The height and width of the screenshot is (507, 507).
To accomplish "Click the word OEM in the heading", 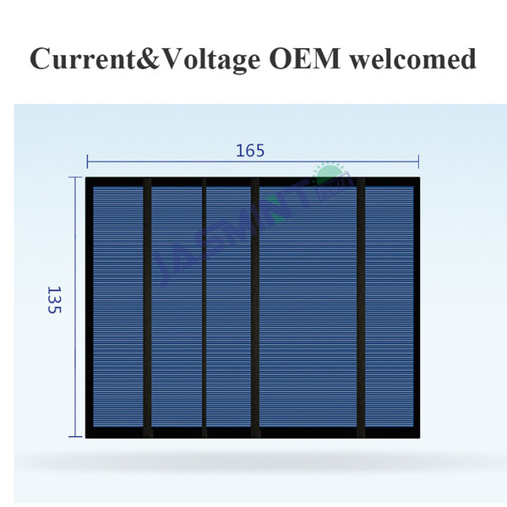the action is [304, 58].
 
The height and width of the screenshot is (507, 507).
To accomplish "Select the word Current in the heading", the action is [83, 58].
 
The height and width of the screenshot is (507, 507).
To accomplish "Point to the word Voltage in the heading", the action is [210, 61].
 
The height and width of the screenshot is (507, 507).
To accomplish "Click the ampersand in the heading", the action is [148, 58].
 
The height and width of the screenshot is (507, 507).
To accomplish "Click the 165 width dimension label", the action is [250, 150].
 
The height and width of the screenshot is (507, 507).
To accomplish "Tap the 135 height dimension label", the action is [54, 299].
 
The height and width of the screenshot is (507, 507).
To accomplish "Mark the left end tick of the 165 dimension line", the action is [87, 161].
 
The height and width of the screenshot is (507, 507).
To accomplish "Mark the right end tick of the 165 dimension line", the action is [418, 161].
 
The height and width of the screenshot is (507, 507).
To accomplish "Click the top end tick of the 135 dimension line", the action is [75, 177].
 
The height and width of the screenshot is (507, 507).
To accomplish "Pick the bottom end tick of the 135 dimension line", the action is [75, 437].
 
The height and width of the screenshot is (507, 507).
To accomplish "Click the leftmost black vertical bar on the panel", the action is [147, 308].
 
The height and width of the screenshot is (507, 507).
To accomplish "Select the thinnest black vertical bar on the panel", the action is [204, 308].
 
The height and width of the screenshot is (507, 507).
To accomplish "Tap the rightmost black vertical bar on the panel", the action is [361, 308].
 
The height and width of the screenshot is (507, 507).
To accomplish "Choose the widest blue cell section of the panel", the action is [308, 307].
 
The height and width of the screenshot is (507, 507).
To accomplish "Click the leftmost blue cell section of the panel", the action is [118, 307].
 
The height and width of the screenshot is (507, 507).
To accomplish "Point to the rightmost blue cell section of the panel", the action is [390, 307].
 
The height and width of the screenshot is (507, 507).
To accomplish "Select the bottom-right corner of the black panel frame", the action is [420, 438].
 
